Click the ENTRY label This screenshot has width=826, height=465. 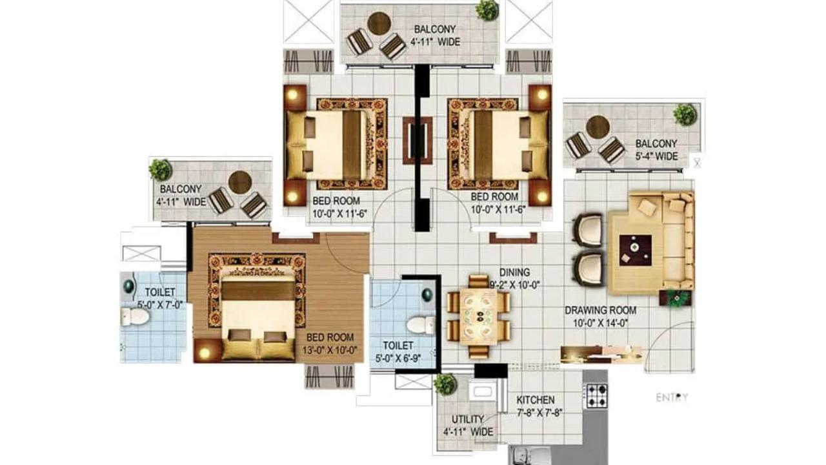click(x=672, y=397)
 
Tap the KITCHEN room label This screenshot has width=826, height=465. click(x=536, y=400)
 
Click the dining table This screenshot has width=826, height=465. click(x=478, y=317)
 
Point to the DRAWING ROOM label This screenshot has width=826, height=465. click(x=601, y=311)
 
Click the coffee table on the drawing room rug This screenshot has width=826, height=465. click(x=636, y=250)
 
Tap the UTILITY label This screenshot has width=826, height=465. click(x=468, y=419)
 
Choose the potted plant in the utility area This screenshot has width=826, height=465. click(x=445, y=384)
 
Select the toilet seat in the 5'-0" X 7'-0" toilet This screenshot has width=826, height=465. click(x=135, y=316)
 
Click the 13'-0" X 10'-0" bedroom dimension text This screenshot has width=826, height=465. click(x=330, y=350)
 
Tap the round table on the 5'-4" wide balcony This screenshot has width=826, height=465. click(x=598, y=127)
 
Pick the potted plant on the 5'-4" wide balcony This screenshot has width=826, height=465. click(x=685, y=114)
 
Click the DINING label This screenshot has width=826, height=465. click(x=515, y=273)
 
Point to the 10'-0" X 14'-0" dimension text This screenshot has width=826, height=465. click(x=600, y=323)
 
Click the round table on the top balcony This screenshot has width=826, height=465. click(x=379, y=24)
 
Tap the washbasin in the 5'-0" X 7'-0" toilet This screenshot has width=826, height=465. click(x=129, y=285)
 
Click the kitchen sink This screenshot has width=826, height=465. click(x=529, y=456)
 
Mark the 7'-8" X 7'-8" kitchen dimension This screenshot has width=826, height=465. click(x=539, y=413)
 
